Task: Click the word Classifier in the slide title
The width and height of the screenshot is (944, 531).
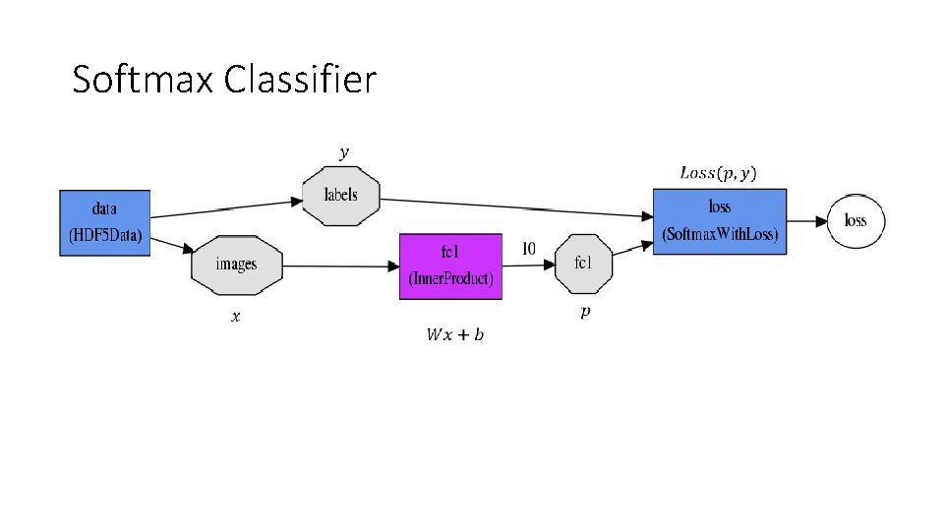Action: (300, 79)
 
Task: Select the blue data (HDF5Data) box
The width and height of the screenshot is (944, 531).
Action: (105, 223)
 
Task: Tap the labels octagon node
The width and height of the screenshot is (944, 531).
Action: (341, 195)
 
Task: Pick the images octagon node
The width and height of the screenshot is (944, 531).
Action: (236, 265)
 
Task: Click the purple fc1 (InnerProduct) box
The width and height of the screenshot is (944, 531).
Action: (451, 265)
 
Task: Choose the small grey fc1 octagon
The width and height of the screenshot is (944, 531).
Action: (583, 263)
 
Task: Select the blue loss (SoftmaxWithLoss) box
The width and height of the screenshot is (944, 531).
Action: (720, 220)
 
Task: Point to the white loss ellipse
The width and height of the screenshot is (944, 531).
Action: (855, 220)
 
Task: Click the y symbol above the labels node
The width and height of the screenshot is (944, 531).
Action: (343, 152)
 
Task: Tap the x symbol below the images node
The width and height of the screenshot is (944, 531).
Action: (235, 317)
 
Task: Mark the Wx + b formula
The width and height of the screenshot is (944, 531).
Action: (454, 335)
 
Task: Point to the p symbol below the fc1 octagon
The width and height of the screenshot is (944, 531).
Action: (585, 312)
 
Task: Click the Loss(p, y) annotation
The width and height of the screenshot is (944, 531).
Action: (719, 173)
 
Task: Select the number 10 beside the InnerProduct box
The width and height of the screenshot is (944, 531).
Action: (528, 249)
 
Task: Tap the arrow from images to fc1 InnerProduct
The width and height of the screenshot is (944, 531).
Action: (339, 265)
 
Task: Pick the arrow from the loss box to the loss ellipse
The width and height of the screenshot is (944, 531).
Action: (806, 220)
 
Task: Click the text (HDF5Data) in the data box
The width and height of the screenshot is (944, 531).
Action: (105, 236)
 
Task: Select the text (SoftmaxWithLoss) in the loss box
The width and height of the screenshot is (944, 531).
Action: (720, 234)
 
